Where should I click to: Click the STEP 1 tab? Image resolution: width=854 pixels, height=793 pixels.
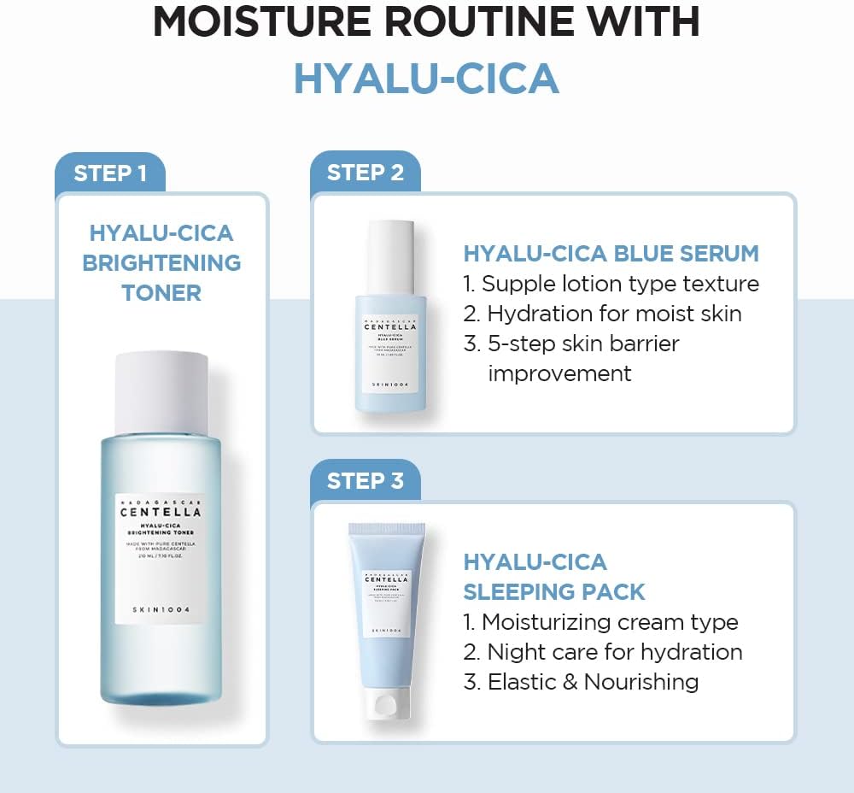pos(109,173)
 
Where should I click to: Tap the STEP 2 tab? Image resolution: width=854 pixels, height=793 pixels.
pos(365,173)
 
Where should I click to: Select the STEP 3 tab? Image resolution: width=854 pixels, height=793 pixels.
pos(365,480)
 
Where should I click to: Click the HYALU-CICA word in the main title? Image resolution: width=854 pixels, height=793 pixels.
pos(426,79)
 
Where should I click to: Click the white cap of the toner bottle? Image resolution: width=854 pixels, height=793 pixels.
pos(161,391)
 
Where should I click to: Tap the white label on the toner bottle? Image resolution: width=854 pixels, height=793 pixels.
pos(161,557)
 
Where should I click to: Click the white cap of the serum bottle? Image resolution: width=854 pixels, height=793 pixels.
pos(391,256)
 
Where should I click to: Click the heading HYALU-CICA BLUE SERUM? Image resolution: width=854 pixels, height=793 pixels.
pos(611,254)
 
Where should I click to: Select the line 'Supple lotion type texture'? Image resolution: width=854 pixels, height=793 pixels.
pos(619,284)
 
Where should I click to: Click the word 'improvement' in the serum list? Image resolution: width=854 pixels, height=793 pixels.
pos(559,373)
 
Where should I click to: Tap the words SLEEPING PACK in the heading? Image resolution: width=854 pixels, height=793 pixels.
pos(554,591)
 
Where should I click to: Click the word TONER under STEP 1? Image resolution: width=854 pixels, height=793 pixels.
pos(161,293)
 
